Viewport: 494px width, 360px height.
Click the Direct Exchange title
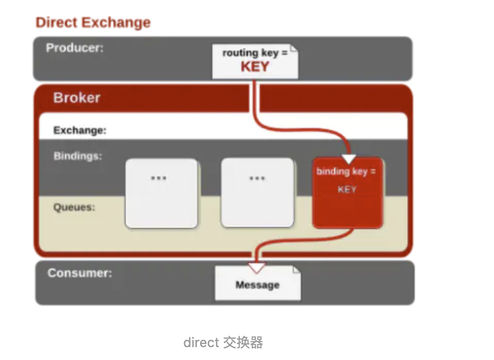93,23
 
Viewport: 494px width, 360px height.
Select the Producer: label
75,48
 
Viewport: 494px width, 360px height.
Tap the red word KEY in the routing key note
255,67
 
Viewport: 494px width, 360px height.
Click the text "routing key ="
255,53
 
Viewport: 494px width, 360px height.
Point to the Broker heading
77,98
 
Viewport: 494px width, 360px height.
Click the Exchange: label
80,130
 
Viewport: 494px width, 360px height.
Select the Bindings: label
78,156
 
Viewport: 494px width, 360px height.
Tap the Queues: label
75,207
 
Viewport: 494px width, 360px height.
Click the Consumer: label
79,272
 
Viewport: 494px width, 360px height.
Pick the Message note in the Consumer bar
257,285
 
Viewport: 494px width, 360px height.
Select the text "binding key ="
346,171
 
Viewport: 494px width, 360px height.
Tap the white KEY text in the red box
347,189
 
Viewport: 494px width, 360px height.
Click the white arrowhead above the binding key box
349,159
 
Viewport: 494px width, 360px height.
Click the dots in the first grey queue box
158,178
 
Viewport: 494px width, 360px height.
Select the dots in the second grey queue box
257,178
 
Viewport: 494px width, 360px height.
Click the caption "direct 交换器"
223,342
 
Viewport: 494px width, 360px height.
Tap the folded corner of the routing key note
293,49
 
